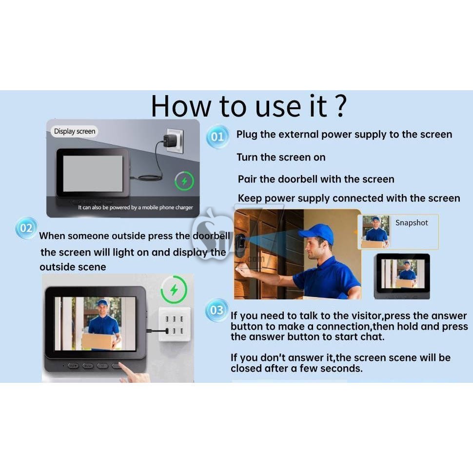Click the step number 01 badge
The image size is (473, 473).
tap(217, 137)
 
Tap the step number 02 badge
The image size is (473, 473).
tap(26, 228)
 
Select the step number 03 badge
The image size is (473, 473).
tap(217, 310)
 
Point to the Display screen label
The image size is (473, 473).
tap(75, 132)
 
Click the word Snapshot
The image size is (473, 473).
tap(412, 223)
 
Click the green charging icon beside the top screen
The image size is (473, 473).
tap(184, 181)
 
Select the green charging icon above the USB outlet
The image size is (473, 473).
tap(174, 290)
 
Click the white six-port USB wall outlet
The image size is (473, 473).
tap(175, 324)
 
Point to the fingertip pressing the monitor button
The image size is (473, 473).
tap(122, 365)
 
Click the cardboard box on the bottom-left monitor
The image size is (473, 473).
tap(97, 341)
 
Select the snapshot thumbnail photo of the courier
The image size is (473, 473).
tap(375, 232)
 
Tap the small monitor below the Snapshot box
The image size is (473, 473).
tap(402, 276)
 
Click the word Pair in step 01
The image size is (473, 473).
tap(247, 179)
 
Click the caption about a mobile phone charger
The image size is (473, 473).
tap(136, 208)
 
